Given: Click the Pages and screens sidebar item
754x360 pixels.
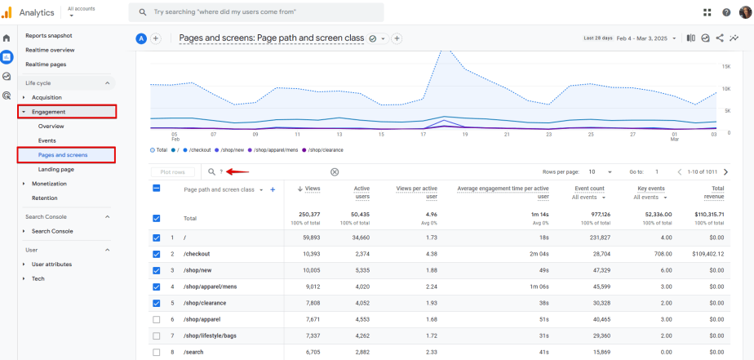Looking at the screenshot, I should coord(63,154).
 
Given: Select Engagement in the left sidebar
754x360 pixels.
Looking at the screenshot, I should coord(49,112).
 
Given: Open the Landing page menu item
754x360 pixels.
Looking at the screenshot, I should coord(56,169).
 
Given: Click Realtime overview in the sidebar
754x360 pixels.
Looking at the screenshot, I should coord(50,50).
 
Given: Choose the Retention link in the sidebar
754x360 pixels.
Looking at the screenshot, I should coord(45,198).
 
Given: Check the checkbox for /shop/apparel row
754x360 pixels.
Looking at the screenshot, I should coord(157,319).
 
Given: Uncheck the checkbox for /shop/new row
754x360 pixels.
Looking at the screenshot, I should coord(157,270).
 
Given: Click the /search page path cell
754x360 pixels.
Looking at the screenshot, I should coord(194,352).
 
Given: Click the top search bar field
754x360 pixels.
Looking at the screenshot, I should coord(256,12).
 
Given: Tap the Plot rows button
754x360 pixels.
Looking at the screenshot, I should coord(172,172).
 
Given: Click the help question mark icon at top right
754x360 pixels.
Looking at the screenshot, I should coord(726,12).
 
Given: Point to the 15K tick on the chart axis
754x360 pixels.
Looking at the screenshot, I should coord(725,66).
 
